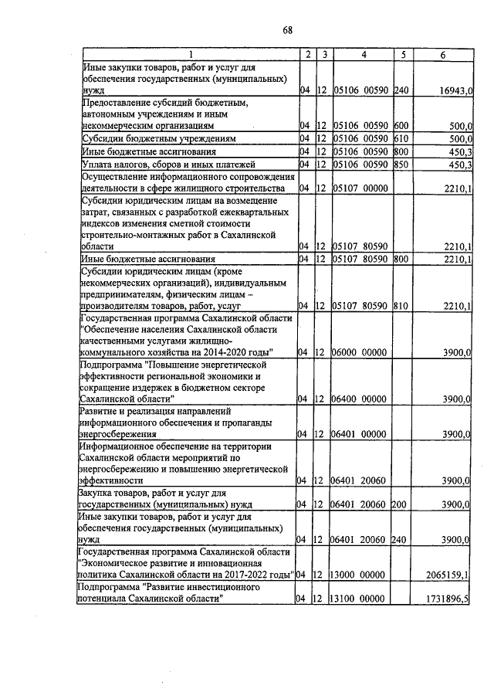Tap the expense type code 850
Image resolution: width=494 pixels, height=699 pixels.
pyautogui.click(x=401, y=164)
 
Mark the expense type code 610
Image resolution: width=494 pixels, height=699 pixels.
pyautogui.click(x=401, y=138)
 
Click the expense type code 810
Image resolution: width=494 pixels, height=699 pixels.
pyautogui.click(x=401, y=307)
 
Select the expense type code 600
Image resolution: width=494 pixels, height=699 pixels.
pyautogui.click(x=401, y=125)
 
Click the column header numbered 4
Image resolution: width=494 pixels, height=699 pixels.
pyautogui.click(x=363, y=55)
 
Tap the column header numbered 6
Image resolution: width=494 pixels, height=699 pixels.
pyautogui.click(x=443, y=55)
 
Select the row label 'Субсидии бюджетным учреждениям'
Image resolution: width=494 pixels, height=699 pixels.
pyautogui.click(x=157, y=138)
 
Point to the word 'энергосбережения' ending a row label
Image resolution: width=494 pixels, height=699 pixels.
pyautogui.click(x=117, y=434)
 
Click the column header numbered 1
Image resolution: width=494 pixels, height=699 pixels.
pyautogui.click(x=188, y=55)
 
